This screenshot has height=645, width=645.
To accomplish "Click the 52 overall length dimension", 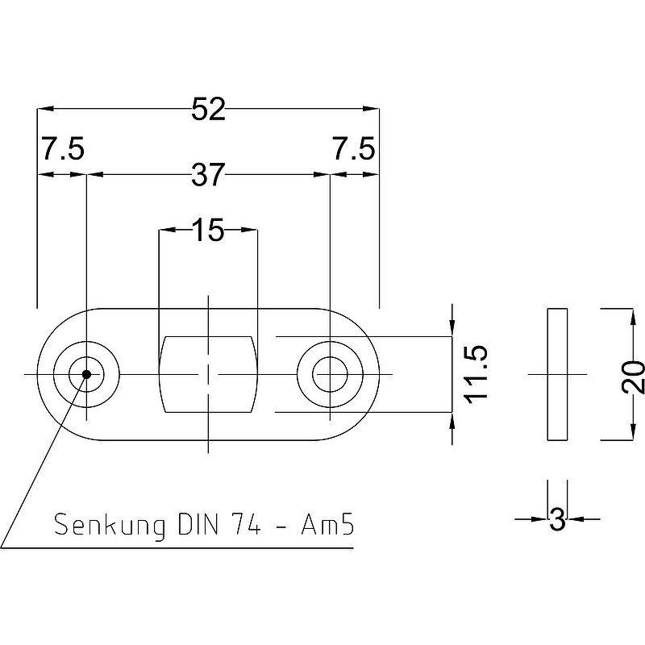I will pos(208,110).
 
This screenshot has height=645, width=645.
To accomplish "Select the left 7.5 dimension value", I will pos(62,150).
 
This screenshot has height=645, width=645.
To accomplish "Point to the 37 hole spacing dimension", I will pos(207,174).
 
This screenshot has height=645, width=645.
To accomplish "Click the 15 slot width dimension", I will pos(208,231).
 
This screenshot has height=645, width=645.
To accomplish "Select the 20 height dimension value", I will pos(635,375).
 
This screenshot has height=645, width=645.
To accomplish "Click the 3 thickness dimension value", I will pos(556,521).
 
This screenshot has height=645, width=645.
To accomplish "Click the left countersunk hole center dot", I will pos(85,373).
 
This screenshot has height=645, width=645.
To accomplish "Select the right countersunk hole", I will pos(330,374).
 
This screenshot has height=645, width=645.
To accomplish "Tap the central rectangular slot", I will pos(210,374).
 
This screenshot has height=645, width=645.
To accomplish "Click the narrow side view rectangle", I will pos(557,374).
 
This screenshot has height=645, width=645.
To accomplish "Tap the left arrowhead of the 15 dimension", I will pos(164,231).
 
